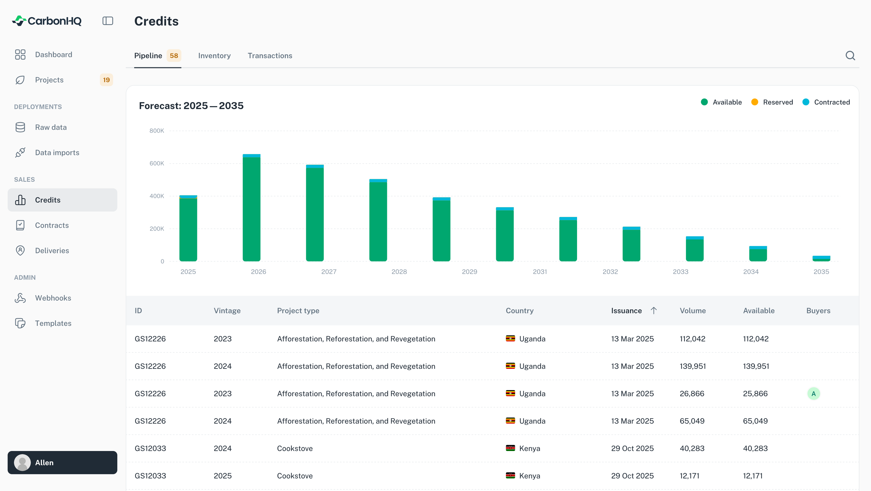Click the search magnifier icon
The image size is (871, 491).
(x=850, y=55)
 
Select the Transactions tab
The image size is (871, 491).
(x=270, y=55)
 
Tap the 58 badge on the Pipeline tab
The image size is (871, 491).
(x=174, y=55)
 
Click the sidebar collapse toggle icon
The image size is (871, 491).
(x=108, y=21)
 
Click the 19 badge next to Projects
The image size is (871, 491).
(x=106, y=80)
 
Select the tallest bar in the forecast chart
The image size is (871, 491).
(x=251, y=208)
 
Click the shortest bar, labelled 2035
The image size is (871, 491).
(x=821, y=258)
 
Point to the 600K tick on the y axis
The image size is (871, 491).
(x=157, y=163)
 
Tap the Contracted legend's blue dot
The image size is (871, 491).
(x=806, y=102)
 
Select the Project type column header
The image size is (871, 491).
(x=298, y=311)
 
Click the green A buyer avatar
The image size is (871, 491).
(x=813, y=393)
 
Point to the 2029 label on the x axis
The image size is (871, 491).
(x=469, y=271)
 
